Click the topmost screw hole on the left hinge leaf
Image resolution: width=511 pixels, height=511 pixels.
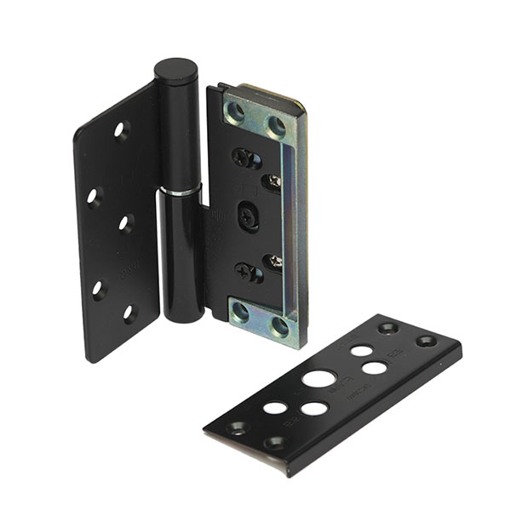[x=120, y=130]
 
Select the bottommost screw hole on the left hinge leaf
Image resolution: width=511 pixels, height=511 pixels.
[x=129, y=313]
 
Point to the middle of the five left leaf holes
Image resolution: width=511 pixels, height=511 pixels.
[x=126, y=223]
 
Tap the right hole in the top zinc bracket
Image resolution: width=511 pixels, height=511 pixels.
[x=276, y=126]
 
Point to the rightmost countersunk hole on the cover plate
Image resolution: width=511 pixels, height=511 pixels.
[x=426, y=342]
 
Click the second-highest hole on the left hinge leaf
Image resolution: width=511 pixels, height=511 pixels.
[x=95, y=195]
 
